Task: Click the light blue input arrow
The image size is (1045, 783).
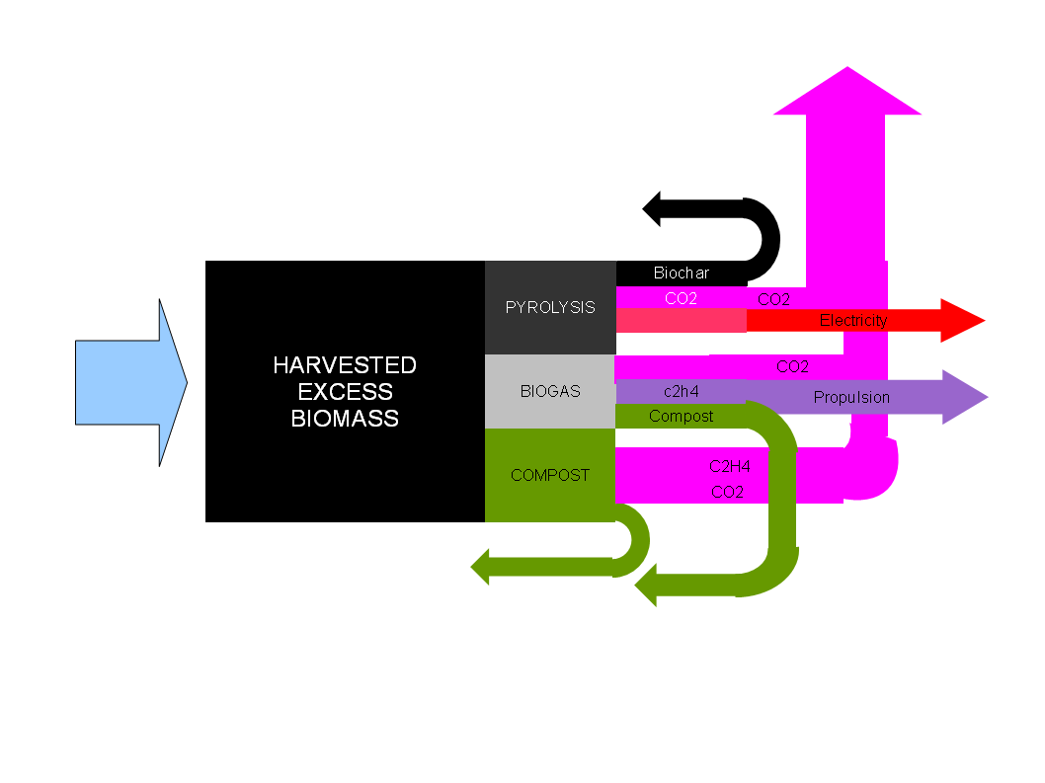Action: coord(128,382)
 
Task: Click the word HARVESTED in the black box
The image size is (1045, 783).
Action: coord(345,365)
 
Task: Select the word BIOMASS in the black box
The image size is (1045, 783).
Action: coord(345,418)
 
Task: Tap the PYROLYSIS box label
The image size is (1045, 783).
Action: coord(550,307)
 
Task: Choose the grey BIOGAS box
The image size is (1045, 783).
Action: coord(550,391)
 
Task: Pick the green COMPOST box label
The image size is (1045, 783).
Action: coord(550,475)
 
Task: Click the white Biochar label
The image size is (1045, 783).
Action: coord(681,273)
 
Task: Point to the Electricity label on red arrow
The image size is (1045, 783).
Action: coord(853,320)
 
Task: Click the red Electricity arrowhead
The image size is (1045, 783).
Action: coord(962,320)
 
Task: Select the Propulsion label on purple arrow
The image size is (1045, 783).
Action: coord(851,397)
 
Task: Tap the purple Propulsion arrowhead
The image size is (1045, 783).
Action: coord(964,397)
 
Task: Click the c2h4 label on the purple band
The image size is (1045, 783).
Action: coord(682,391)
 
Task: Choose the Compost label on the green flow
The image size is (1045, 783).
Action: coord(681,416)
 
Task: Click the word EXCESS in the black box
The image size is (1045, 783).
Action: coord(345,392)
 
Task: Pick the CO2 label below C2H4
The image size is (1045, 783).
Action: coord(727,491)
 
